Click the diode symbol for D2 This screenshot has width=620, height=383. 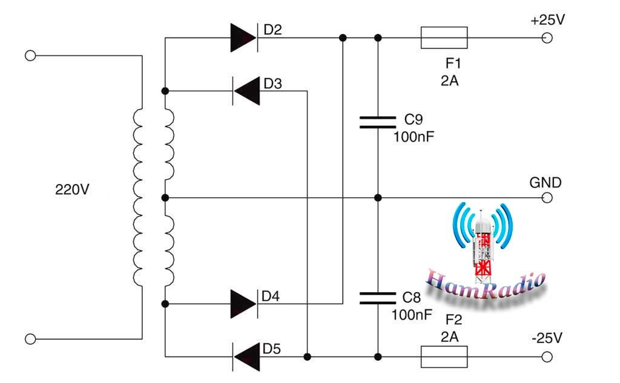244,38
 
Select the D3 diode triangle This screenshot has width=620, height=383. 246,91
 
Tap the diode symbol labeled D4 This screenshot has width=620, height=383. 244,304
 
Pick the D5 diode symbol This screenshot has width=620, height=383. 246,357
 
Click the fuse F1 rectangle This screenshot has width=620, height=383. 444,38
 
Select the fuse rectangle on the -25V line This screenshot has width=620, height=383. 444,357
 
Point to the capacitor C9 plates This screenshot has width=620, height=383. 378,122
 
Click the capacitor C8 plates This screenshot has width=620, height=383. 378,298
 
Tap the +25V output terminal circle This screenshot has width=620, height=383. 547,38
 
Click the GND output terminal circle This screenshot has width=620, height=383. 547,198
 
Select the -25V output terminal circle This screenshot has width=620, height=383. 547,357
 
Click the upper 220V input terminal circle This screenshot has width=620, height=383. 30,56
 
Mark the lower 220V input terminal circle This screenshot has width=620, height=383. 30,339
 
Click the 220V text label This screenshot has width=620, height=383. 73,190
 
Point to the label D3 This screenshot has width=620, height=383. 273,83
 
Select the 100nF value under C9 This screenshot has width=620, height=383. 414,137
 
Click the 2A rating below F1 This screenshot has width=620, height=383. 450,80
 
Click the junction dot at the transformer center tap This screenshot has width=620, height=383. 165,198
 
